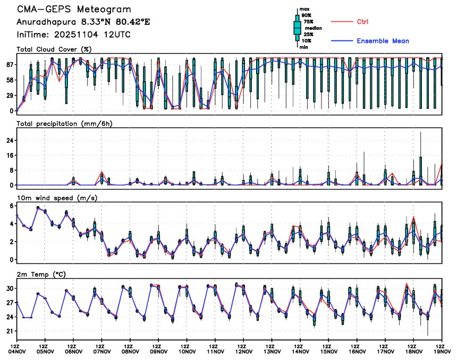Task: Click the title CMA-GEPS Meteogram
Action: tap(73, 10)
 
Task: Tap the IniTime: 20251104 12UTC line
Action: tap(73, 35)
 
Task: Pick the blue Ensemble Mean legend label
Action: tap(383, 41)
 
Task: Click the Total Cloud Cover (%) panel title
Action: tap(54, 49)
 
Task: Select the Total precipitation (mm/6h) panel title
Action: tap(65, 123)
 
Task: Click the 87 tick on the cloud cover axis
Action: tap(9, 64)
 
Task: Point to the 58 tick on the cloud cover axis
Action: tap(9, 80)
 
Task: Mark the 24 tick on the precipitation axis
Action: tap(9, 140)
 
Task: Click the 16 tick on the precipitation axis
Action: tap(9, 155)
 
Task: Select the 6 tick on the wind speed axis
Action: tap(11, 205)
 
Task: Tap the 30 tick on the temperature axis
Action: tap(9, 288)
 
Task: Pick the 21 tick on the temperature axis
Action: tap(9, 331)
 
